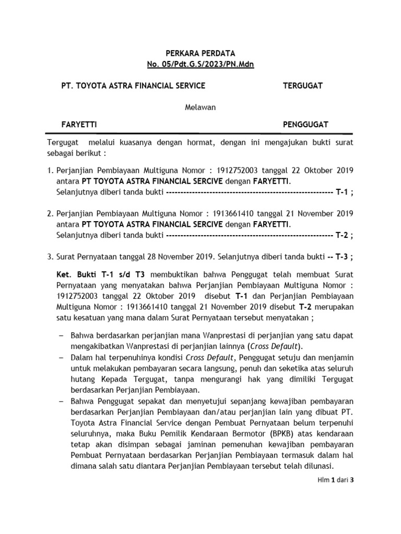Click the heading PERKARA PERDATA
click(x=200, y=53)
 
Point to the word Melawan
click(x=200, y=107)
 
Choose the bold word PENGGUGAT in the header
click(x=305, y=125)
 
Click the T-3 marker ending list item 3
click(x=343, y=257)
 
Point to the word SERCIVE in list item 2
click(x=205, y=224)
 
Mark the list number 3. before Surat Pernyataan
click(x=51, y=257)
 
